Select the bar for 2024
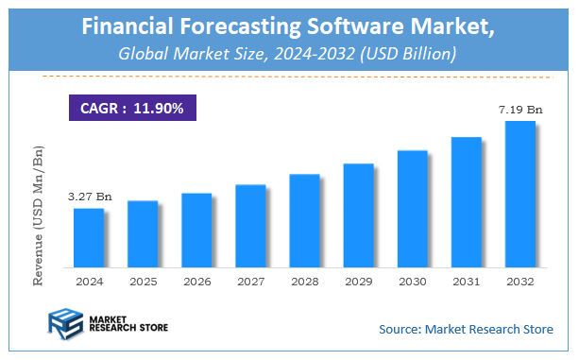[x=89, y=236]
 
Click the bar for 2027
[x=250, y=225]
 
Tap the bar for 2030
[x=412, y=207]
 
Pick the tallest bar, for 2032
[x=519, y=193]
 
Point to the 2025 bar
[x=143, y=232]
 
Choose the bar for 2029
[x=358, y=214]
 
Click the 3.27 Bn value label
[x=90, y=197]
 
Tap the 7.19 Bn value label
[x=520, y=111]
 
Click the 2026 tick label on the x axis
[x=196, y=282]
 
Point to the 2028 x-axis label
[x=304, y=282]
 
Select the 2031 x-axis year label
[x=466, y=282]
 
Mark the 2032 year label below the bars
[x=519, y=282]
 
